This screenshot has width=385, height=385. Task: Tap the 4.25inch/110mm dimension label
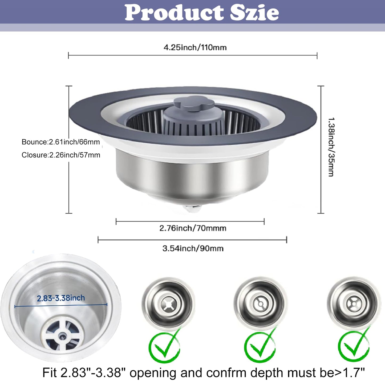195,47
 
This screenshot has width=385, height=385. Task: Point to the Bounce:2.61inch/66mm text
61,142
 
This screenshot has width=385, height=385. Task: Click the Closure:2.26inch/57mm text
61,155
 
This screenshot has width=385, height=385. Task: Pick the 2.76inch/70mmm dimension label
193,228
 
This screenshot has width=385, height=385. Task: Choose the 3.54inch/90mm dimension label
193,248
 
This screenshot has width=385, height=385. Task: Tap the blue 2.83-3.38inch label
61,298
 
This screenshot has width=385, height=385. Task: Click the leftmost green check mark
165,346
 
